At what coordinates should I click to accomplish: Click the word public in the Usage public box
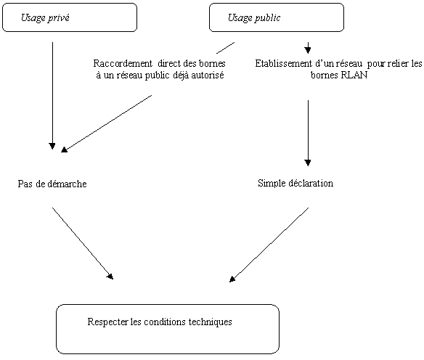coord(267,18)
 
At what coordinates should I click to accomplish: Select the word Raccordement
coord(123,63)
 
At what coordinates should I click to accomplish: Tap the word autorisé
coord(208,75)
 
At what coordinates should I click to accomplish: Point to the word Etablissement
coord(284,64)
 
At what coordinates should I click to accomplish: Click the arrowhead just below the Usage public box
coord(308,49)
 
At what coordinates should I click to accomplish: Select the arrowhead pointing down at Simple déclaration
coord(308,163)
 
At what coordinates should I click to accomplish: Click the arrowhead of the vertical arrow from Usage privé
coord(52,146)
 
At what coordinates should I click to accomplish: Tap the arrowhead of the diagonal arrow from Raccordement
coord(64,150)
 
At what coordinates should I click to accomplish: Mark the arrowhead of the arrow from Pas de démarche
coord(110,276)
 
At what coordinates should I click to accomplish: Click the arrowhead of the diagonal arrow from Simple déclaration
coord(232,279)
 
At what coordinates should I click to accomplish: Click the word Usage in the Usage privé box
coord(33,18)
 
